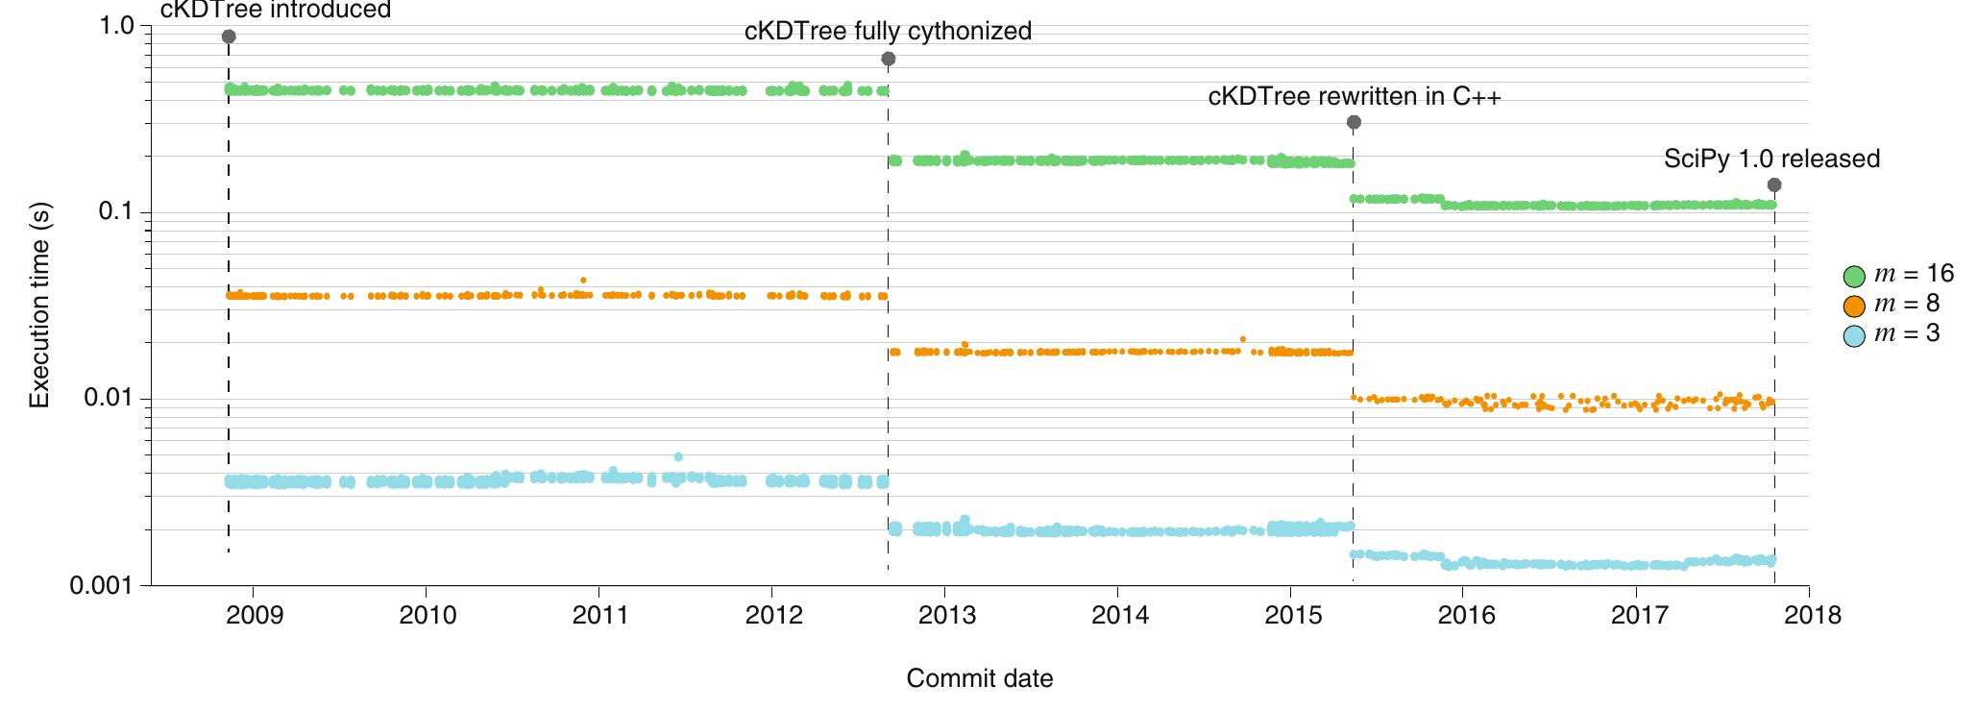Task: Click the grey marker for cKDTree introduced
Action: [229, 37]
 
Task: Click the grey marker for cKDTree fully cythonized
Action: [889, 60]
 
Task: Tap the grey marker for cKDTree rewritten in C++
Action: [1354, 122]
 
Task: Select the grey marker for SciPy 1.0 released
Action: [1774, 184]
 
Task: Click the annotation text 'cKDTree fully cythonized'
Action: [888, 32]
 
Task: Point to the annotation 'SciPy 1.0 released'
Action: [1771, 159]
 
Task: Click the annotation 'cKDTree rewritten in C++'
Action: [1354, 97]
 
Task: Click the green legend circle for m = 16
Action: [1855, 277]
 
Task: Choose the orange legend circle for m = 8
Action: [1855, 306]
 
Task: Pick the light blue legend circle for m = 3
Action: [1855, 335]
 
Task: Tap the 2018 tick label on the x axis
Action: [1810, 616]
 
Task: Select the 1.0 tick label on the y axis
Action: [117, 26]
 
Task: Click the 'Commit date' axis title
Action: [979, 678]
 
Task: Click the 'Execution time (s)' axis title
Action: [40, 306]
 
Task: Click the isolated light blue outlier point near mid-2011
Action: [678, 456]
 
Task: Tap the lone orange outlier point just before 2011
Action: [583, 281]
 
